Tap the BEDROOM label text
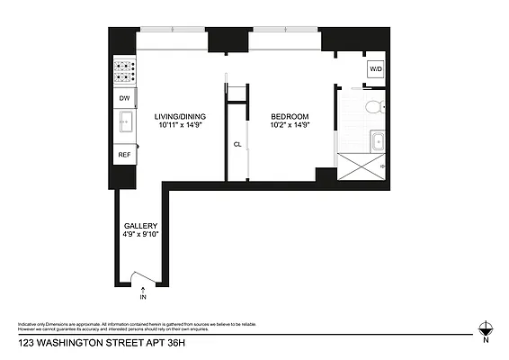pyautogui.click(x=290, y=116)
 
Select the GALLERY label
pyautogui.click(x=140, y=226)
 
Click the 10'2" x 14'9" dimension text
pyautogui.click(x=290, y=126)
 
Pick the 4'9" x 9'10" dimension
pyautogui.click(x=140, y=236)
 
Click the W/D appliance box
pyautogui.click(x=374, y=69)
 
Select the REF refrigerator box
pyautogui.click(x=123, y=156)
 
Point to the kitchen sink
pyautogui.click(x=124, y=123)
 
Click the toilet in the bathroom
pyautogui.click(x=373, y=108)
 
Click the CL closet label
pyautogui.click(x=237, y=143)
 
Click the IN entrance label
pyautogui.click(x=142, y=295)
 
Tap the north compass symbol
pyautogui.click(x=487, y=330)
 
